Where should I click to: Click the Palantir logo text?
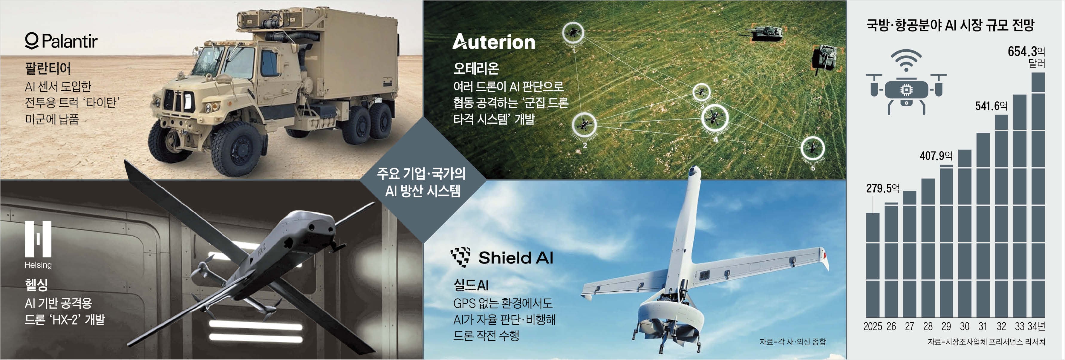[x=61, y=41]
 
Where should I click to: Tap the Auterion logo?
[x=494, y=42]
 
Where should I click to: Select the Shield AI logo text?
[x=502, y=258]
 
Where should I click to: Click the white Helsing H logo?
[x=38, y=239]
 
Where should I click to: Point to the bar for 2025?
[x=873, y=265]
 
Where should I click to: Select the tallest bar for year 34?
[x=1038, y=195]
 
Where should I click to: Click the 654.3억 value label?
[x=1026, y=52]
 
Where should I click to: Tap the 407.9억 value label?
[x=936, y=156]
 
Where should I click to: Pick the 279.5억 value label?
[x=883, y=189]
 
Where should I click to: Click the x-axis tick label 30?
[x=965, y=327]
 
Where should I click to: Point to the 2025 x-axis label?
[x=873, y=327]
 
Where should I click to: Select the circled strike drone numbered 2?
[x=584, y=124]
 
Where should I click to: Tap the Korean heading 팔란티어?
[x=48, y=68]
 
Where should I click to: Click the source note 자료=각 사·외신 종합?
[x=792, y=342]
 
